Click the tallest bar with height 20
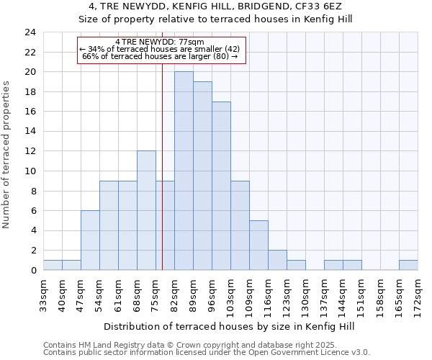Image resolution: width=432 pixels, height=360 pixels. pyautogui.click(x=184, y=171)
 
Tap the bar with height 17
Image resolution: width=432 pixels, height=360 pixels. pyautogui.click(x=221, y=186)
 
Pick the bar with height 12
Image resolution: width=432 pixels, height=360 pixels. pyautogui.click(x=146, y=211)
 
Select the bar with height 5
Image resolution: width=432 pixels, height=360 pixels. pyautogui.click(x=258, y=246)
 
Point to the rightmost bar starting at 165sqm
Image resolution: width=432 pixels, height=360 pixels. pyautogui.click(x=408, y=265)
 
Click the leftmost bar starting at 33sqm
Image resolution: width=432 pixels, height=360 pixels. pyautogui.click(x=53, y=265)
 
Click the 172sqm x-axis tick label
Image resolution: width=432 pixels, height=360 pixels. pyautogui.click(x=418, y=294)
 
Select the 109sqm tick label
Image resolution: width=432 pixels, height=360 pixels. pyautogui.click(x=250, y=294)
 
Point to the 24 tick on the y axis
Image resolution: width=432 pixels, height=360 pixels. pyautogui.click(x=30, y=32)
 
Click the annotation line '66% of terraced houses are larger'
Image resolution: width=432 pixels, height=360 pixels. pyautogui.click(x=160, y=56)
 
